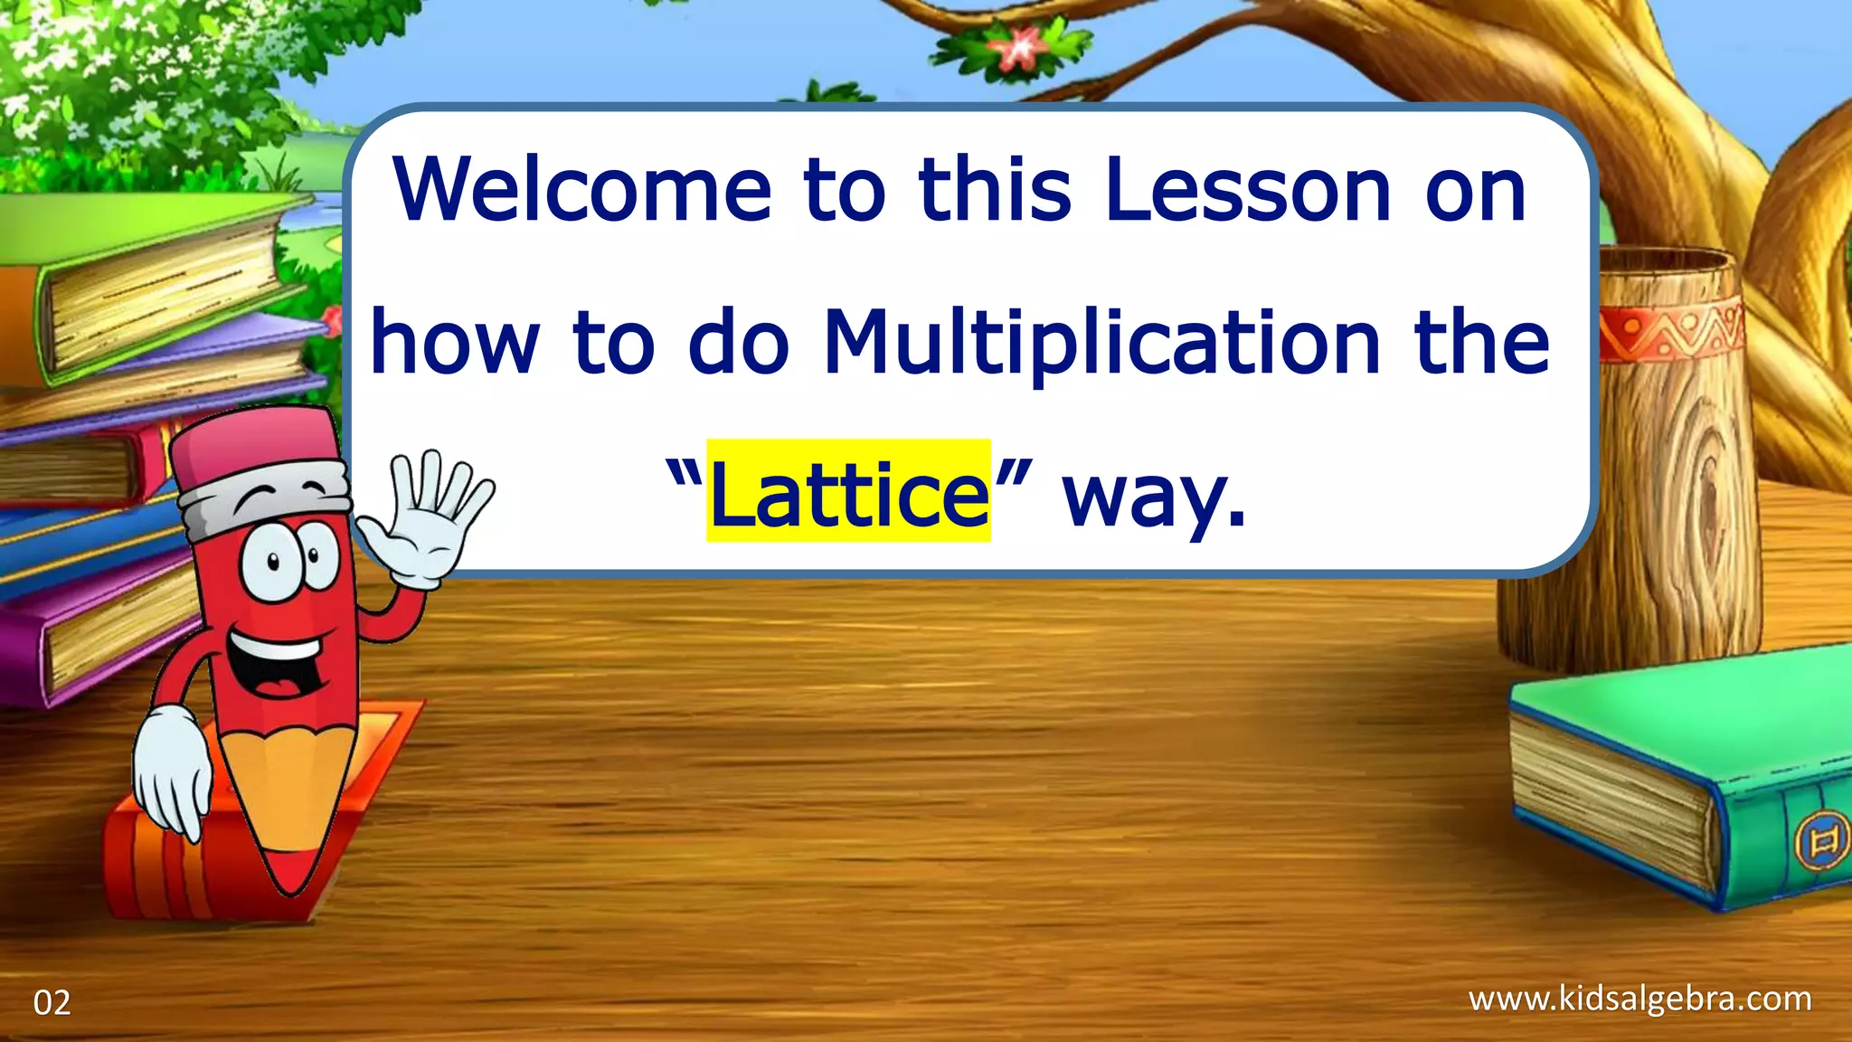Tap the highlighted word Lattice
(x=848, y=493)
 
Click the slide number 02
(x=52, y=1003)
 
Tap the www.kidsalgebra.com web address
(x=1639, y=999)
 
